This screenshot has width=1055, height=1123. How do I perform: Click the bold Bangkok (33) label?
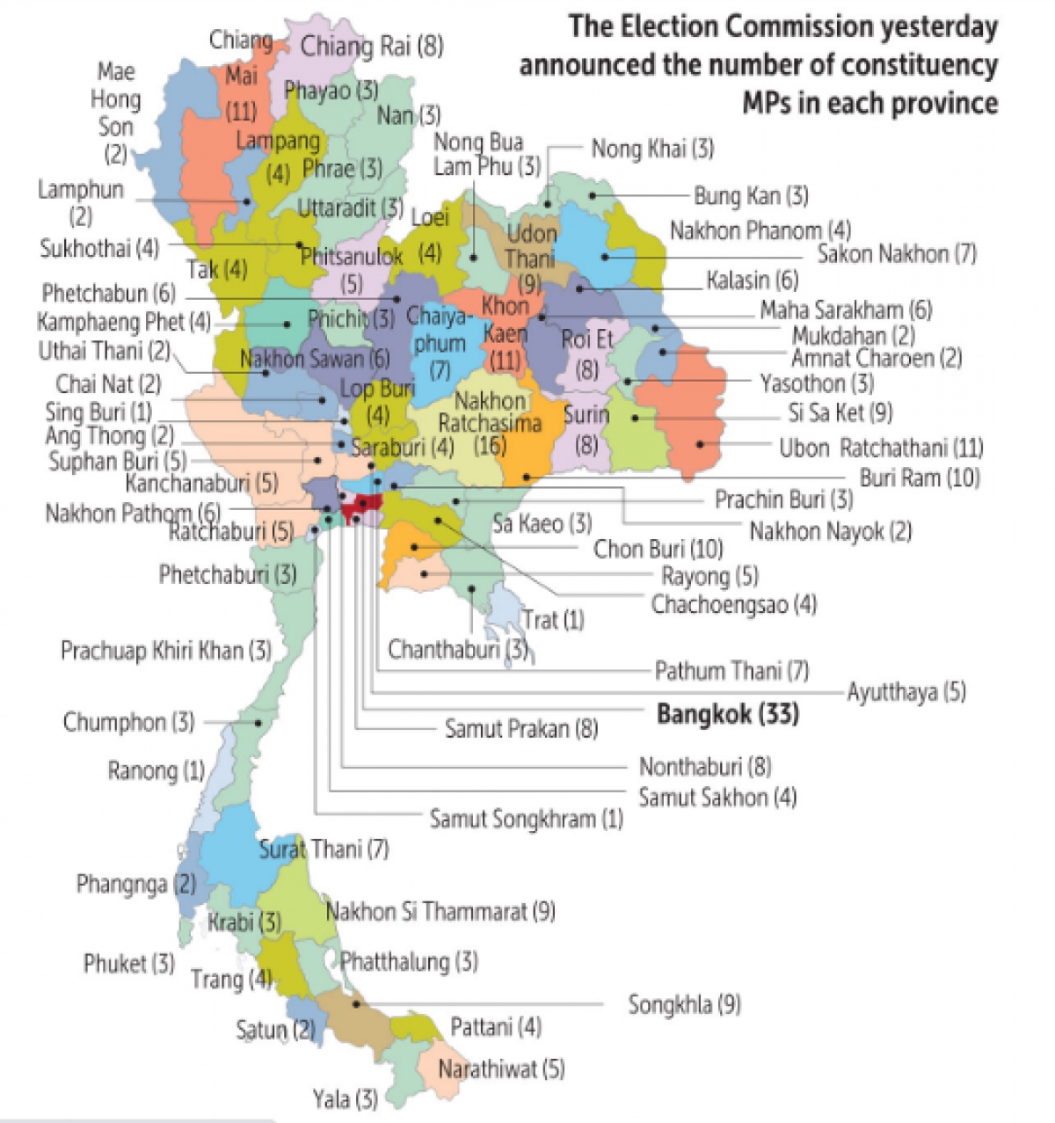pyautogui.click(x=728, y=714)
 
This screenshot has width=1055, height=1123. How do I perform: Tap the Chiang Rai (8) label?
pyautogui.click(x=372, y=46)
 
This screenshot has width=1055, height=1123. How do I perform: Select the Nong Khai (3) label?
pyautogui.click(x=652, y=149)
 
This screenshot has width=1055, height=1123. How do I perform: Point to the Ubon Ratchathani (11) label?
pyautogui.click(x=881, y=448)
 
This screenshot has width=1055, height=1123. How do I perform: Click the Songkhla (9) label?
pyautogui.click(x=684, y=1004)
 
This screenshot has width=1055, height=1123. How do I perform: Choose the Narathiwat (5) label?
pyautogui.click(x=501, y=1069)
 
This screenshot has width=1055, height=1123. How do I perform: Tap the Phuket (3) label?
pyautogui.click(x=129, y=963)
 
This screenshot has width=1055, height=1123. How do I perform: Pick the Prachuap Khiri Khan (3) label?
pyautogui.click(x=165, y=651)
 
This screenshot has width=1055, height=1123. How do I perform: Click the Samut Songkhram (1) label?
pyautogui.click(x=526, y=819)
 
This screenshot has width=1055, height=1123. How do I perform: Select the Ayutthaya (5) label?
pyautogui.click(x=906, y=692)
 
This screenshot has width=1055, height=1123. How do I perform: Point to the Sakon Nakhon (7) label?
pyautogui.click(x=897, y=254)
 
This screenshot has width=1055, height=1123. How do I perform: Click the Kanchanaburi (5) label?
pyautogui.click(x=201, y=483)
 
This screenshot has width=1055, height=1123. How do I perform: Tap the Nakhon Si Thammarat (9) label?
pyautogui.click(x=440, y=911)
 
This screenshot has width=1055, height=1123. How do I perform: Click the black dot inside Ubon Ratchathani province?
pyautogui.click(x=701, y=444)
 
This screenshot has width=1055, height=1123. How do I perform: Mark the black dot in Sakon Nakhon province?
pyautogui.click(x=605, y=257)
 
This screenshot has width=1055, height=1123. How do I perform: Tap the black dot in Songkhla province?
pyautogui.click(x=356, y=1003)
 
